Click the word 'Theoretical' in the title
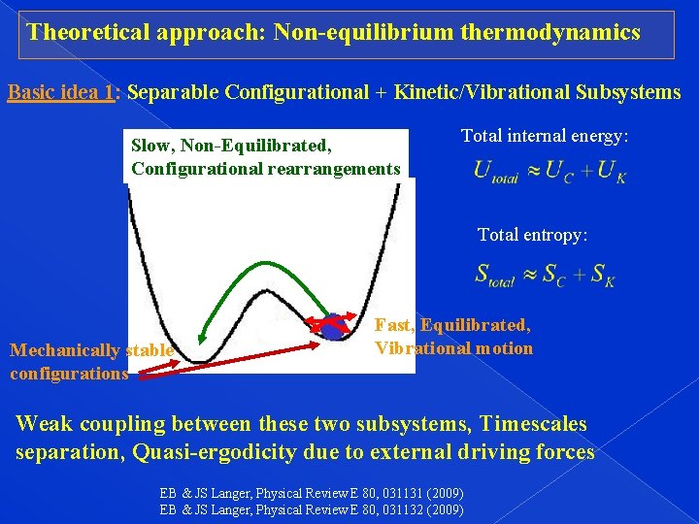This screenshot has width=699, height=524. (86, 32)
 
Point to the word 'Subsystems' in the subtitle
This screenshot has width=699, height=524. (628, 93)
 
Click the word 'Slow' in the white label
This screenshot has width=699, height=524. (150, 147)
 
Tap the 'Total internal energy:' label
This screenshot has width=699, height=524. (545, 136)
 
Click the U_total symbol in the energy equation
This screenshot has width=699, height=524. (495, 172)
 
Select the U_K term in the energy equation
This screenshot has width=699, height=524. (614, 172)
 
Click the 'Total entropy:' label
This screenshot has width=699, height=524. (532, 235)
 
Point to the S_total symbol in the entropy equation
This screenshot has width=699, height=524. (494, 275)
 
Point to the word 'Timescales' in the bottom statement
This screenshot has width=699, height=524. (535, 425)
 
